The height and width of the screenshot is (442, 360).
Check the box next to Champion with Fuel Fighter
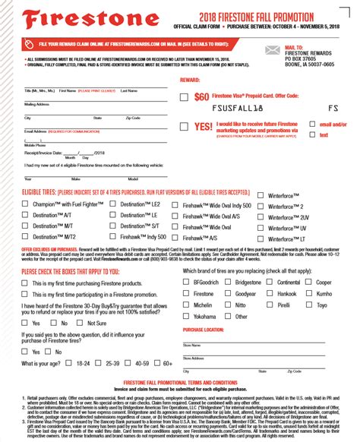[25, 205]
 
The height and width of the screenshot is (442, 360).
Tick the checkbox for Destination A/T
[25, 216]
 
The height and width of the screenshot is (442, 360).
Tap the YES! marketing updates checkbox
[185, 127]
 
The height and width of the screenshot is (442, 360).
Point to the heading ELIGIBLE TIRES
[42, 194]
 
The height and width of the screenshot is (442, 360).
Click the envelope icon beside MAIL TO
[271, 49]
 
